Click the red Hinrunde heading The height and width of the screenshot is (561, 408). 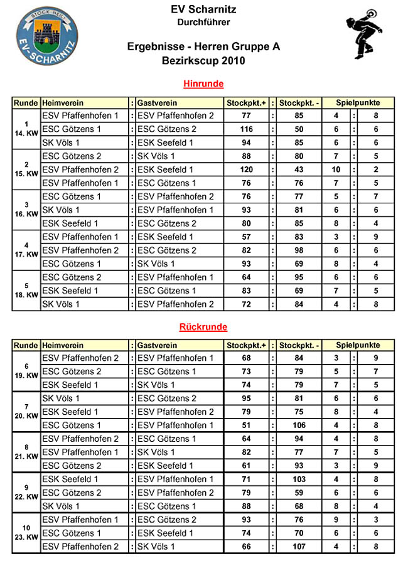203,83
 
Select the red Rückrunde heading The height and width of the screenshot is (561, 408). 203,327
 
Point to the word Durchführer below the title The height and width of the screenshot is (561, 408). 203,22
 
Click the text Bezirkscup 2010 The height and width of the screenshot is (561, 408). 203,61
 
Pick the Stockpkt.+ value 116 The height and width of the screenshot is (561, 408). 246,129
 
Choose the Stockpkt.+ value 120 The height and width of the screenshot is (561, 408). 246,169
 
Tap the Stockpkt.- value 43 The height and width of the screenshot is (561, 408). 299,169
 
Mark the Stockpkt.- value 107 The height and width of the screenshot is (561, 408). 299,547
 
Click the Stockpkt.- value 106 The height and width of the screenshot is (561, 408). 299,425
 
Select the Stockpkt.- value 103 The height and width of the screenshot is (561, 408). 299,479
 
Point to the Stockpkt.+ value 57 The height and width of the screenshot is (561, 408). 246,237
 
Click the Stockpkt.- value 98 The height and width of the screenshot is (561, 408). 299,250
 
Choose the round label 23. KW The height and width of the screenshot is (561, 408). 26,538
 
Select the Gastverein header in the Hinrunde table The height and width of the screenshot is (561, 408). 157,102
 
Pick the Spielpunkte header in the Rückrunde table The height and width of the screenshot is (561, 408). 358,345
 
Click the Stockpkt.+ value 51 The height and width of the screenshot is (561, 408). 246,425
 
